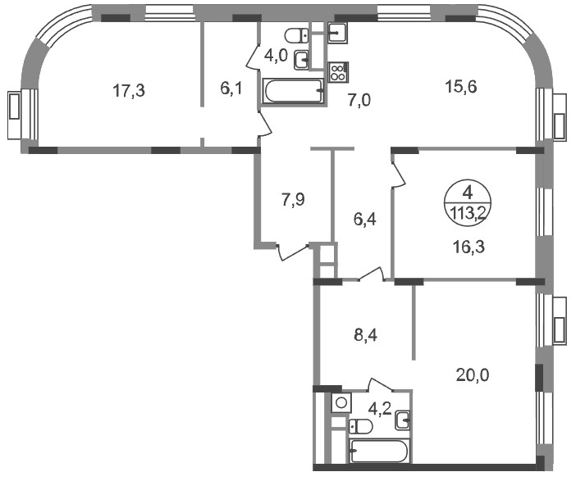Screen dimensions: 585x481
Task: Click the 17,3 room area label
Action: [129, 91]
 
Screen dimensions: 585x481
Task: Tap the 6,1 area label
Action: [231, 88]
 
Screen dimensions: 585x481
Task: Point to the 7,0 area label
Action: [359, 101]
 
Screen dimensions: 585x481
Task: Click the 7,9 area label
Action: [293, 200]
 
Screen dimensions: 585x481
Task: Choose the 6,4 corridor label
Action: [365, 220]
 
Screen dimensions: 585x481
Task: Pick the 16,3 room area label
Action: [469, 247]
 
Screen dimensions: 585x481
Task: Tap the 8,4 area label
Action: [366, 335]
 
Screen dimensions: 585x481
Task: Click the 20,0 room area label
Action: [473, 375]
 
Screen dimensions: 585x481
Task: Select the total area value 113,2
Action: [468, 214]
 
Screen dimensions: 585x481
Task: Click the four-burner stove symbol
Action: [338, 72]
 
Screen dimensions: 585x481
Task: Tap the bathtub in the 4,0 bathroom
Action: [293, 90]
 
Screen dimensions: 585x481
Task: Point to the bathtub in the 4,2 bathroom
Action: [379, 452]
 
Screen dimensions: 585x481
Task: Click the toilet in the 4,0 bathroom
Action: [297, 36]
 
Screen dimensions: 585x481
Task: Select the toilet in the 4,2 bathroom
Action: [361, 426]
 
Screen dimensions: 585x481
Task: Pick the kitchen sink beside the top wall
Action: [338, 32]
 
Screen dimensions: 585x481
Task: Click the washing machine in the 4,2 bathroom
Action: [341, 402]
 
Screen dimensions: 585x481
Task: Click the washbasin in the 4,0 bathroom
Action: [301, 60]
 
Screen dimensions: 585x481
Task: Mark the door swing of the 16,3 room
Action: [398, 174]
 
